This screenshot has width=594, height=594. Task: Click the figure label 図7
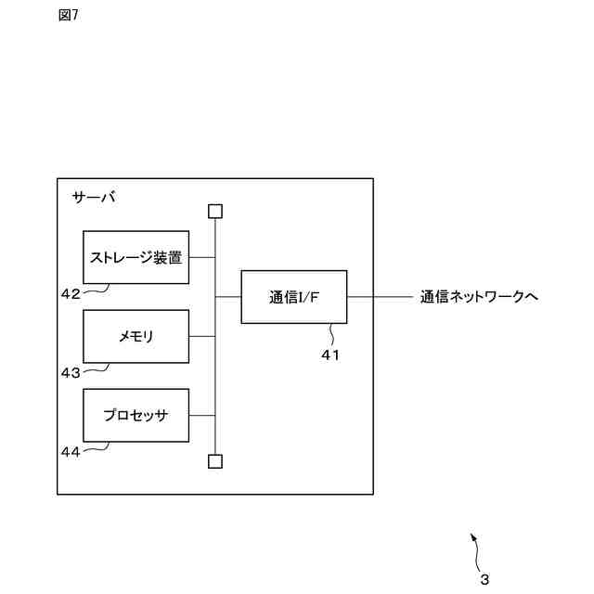point(68,15)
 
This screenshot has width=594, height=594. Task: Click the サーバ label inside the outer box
point(94,198)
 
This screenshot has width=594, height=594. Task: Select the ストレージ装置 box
point(136,257)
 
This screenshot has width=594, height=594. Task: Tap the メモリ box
point(136,336)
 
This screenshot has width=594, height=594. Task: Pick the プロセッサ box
point(136,415)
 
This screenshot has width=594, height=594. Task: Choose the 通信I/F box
point(293,297)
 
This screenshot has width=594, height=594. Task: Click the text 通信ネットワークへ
point(479,297)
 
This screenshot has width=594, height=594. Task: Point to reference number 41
point(330,354)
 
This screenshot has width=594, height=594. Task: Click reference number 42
point(71,293)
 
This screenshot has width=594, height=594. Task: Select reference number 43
point(71,372)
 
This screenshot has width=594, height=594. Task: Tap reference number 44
point(71,451)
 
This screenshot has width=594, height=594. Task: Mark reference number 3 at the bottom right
point(484,580)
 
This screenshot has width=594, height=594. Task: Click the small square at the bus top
point(215,211)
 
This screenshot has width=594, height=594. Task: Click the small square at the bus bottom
point(215,460)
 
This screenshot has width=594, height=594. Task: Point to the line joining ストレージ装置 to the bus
point(201,257)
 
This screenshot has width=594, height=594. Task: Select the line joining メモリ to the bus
point(201,336)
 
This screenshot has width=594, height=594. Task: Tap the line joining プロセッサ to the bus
point(201,415)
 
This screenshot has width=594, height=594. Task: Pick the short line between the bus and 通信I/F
point(228,297)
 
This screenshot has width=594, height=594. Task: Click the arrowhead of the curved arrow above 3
point(472,536)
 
